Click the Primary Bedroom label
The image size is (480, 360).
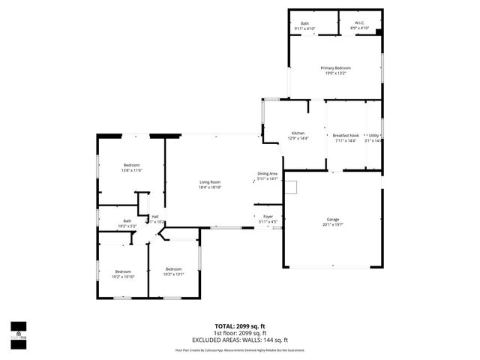click(336, 67)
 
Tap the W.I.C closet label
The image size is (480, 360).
click(360, 24)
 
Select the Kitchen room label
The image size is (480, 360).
click(298, 134)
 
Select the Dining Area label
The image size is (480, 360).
click(268, 173)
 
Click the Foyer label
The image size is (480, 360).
click(268, 216)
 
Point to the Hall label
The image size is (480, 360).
click(155, 216)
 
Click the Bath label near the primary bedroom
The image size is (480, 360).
click(304, 24)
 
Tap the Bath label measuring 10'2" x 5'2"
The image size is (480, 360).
click(127, 220)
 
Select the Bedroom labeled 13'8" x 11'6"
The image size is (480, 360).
click(132, 165)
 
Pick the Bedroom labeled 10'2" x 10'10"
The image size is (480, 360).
click(123, 271)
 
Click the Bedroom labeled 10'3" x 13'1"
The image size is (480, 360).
click(173, 268)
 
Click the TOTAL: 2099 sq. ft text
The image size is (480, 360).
click(240, 326)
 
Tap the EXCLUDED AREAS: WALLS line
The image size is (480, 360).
click(240, 339)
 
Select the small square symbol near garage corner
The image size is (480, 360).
click(291, 187)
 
